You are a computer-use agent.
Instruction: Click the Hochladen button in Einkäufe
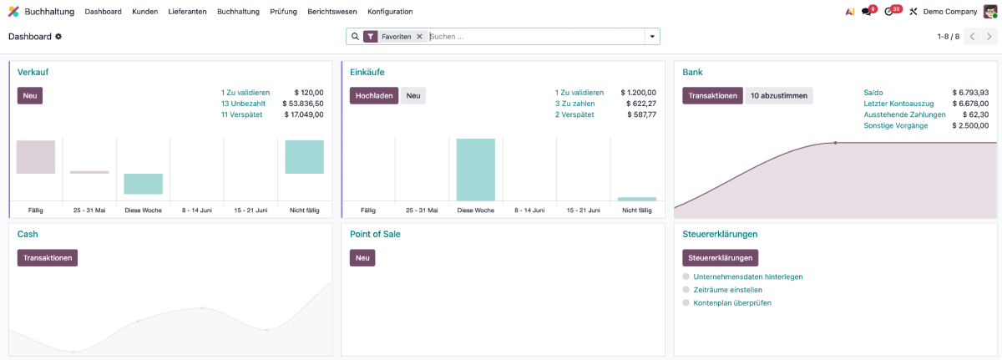(374, 96)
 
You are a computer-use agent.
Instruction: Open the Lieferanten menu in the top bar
(187, 12)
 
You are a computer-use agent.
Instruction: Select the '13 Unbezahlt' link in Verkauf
(243, 104)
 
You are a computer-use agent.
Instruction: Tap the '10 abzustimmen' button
(779, 96)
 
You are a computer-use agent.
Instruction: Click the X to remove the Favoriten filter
(419, 37)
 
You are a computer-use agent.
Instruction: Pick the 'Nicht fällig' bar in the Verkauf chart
(305, 157)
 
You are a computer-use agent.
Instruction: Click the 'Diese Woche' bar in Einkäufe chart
(475, 170)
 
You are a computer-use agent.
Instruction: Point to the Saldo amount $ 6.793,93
(970, 93)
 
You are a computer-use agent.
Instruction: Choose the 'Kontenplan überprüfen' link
(732, 302)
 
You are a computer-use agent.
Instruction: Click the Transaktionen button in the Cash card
(48, 258)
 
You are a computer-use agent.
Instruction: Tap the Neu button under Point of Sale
(362, 258)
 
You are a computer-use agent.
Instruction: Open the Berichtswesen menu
(332, 12)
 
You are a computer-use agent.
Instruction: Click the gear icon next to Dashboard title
(58, 37)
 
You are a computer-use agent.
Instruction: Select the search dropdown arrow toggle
(652, 37)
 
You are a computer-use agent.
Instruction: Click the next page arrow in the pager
(989, 37)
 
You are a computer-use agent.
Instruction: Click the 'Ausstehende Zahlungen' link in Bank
(904, 114)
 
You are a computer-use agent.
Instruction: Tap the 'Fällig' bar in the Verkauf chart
(36, 157)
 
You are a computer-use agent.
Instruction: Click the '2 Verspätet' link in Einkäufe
(574, 114)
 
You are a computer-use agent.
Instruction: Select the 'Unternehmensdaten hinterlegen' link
(748, 276)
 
